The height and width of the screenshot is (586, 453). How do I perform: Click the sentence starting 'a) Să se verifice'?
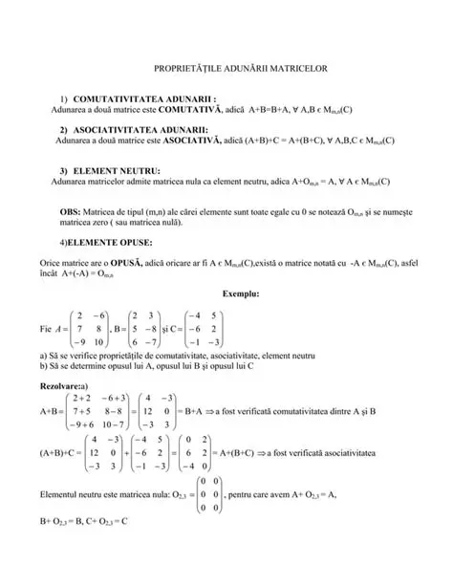point(159,355)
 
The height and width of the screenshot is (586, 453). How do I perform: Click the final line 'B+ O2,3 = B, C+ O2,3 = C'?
point(84,523)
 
